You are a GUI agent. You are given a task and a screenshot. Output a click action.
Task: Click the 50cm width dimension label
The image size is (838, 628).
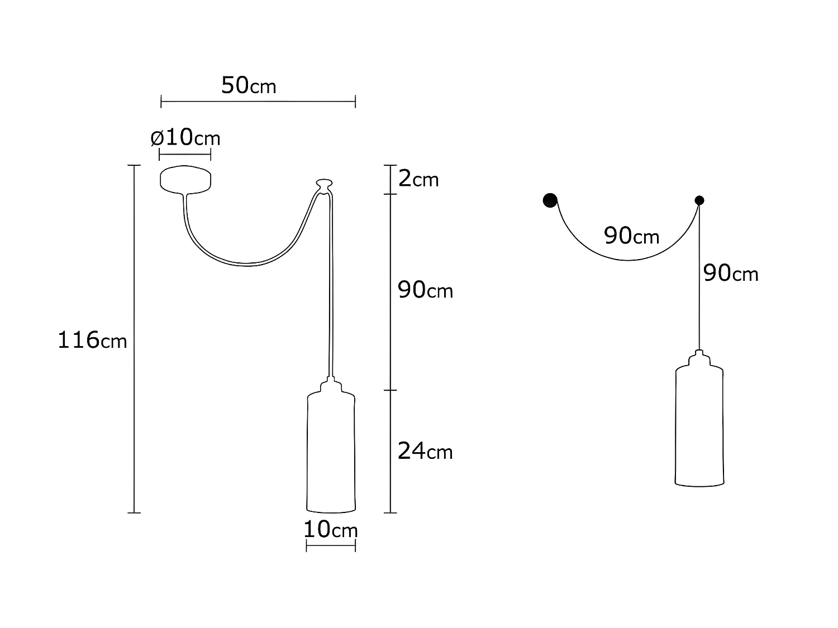tap(249, 85)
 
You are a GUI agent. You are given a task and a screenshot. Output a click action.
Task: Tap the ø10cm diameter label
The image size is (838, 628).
tap(185, 137)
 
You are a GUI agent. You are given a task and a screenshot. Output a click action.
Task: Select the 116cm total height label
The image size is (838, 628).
tap(92, 339)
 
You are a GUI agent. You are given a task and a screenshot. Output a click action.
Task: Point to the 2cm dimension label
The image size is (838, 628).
tap(418, 179)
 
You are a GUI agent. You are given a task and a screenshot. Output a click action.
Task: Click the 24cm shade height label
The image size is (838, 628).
tap(425, 450)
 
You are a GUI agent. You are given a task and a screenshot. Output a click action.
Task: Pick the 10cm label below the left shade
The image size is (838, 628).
tap(330, 529)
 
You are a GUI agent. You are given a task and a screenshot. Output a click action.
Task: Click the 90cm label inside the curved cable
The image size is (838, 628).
tap(631, 236)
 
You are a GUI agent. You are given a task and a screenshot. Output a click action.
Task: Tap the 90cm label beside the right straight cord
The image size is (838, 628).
tap(731, 273)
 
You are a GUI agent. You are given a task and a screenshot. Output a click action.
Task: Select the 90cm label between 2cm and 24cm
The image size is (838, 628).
tap(425, 290)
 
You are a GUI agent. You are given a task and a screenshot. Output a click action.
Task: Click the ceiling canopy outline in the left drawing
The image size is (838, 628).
tap(185, 179)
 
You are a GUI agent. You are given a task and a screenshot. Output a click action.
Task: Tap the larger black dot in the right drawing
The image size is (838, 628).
tap(550, 200)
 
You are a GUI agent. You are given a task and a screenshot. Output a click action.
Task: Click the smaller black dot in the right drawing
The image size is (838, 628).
tap(699, 200)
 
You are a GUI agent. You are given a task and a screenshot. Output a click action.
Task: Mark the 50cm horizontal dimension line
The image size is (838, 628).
tap(258, 102)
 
